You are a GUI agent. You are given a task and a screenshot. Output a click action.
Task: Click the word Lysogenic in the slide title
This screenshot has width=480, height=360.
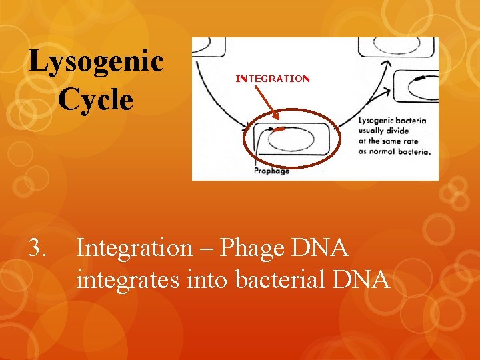tap(96, 62)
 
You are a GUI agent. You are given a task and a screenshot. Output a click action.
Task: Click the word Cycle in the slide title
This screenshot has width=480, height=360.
tap(95, 99)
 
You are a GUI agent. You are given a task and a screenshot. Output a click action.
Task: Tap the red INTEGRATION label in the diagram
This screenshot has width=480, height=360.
tap(273, 79)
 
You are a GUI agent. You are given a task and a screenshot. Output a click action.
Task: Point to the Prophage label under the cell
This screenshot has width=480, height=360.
tap(272, 171)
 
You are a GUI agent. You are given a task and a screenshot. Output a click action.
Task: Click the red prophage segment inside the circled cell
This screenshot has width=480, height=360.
tap(281, 127)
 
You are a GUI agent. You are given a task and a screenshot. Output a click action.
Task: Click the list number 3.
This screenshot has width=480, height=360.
tap(38, 248)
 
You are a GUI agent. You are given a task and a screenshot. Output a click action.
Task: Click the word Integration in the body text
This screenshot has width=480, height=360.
tap(134, 248)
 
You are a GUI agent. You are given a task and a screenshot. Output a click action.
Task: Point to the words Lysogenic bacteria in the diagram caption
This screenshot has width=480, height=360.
tap(393, 121)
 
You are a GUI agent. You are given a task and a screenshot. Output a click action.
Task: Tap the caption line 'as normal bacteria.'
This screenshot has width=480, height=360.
tap(394, 151)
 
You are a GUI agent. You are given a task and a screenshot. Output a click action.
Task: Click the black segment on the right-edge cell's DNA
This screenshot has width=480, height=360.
tap(420, 79)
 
